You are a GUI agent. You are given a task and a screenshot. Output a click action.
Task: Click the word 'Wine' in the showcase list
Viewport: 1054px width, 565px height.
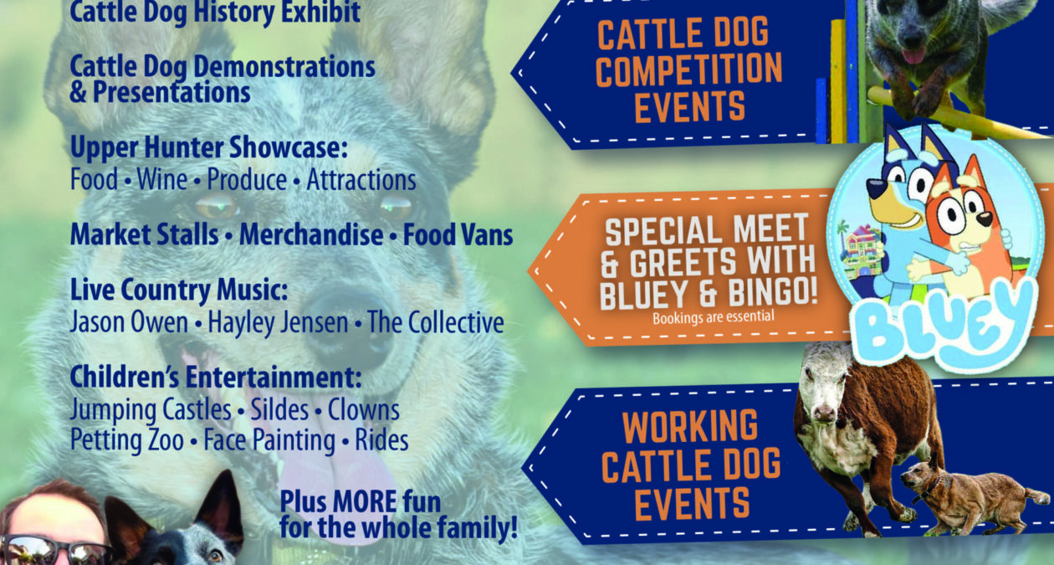(x=162, y=179)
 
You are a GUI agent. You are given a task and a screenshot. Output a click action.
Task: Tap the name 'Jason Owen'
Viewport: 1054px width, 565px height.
(x=129, y=322)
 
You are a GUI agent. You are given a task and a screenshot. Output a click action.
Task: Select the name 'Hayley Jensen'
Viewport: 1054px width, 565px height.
(x=278, y=323)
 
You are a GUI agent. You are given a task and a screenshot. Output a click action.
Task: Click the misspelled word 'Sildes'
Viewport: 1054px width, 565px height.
(x=279, y=409)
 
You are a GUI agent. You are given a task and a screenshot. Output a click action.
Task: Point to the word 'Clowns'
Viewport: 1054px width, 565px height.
(x=364, y=409)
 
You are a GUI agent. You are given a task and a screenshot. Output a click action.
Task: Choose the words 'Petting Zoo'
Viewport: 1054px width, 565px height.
(x=126, y=440)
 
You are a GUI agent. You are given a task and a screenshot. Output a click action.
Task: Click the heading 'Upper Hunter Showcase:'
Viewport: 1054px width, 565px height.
(x=209, y=148)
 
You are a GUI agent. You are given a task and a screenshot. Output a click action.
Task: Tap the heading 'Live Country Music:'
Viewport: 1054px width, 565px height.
(x=179, y=290)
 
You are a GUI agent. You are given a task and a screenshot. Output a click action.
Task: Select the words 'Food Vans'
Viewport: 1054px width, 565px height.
(x=458, y=234)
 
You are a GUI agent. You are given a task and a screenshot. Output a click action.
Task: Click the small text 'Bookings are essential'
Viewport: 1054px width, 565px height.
(x=714, y=317)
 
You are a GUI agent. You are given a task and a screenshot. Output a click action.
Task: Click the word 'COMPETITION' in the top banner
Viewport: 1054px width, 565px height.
(x=689, y=69)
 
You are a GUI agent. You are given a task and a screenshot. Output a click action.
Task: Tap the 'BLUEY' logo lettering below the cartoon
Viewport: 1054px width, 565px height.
(x=946, y=325)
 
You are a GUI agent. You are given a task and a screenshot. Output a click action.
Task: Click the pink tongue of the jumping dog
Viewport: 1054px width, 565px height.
(x=914, y=56)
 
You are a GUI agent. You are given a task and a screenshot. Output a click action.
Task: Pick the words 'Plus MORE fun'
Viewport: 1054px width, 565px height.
(x=361, y=502)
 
